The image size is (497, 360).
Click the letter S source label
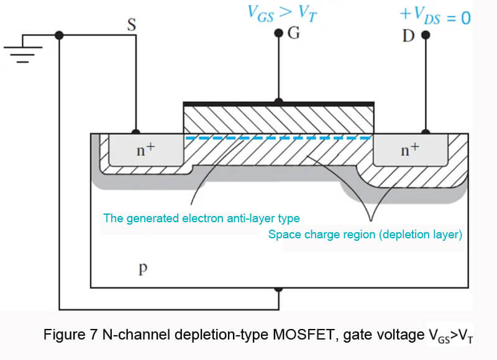tap(132, 24)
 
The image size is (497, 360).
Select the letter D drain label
tap(408, 36)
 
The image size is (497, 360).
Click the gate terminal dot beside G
tap(279, 34)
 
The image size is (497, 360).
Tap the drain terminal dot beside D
tap(426, 35)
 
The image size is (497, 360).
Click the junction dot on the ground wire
tap(59, 35)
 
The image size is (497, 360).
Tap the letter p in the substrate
tap(143, 269)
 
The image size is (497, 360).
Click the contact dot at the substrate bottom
tap(279, 288)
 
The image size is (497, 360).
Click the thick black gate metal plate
tap(278, 103)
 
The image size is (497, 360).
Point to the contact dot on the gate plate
tap(279, 100)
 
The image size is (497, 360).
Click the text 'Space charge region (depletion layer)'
tap(365, 235)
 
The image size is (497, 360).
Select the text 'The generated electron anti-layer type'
tap(202, 218)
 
